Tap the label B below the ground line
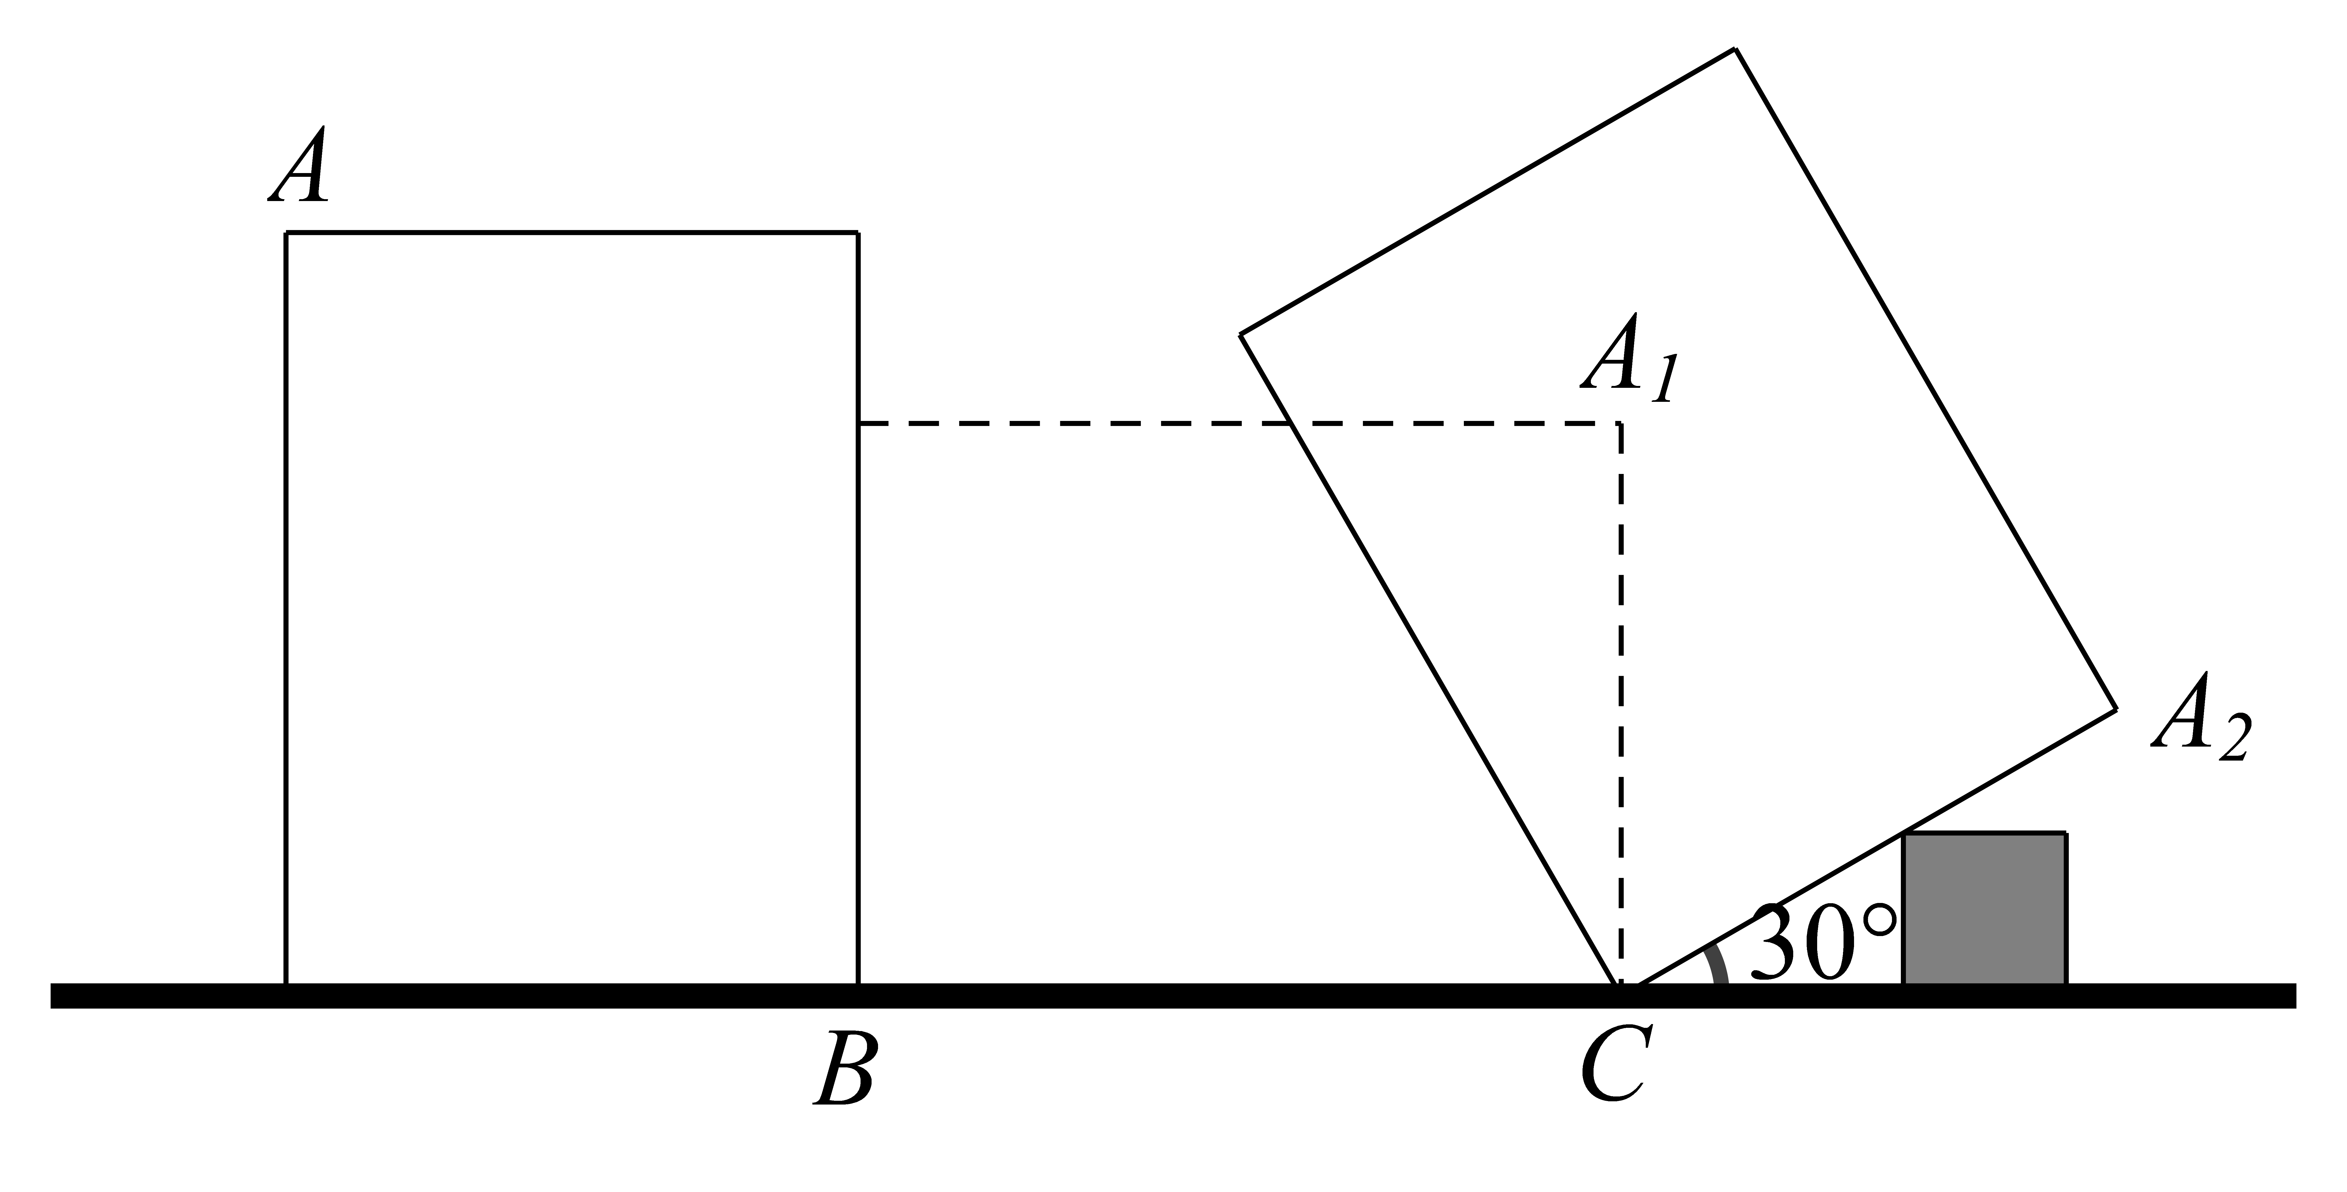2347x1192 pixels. click(845, 1068)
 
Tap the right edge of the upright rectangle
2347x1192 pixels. click(857, 609)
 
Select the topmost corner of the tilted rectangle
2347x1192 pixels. click(1735, 49)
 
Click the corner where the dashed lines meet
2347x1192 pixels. click(1620, 424)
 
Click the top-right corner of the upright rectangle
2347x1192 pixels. click(857, 233)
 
